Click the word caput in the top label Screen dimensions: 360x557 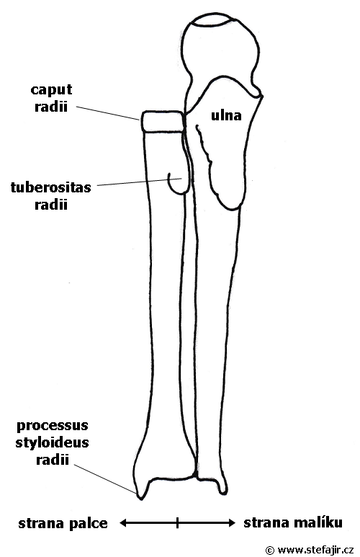[x=51, y=90]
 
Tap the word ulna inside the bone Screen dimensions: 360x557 [x=226, y=115]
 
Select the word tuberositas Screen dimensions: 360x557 [x=51, y=187]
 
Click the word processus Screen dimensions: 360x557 [x=53, y=426]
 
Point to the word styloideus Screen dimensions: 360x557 [x=52, y=442]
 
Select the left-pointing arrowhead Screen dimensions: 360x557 [x=123, y=523]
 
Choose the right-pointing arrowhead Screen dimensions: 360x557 [x=231, y=522]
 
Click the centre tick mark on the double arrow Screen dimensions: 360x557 [x=178, y=522]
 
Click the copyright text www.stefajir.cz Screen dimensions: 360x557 [x=315, y=550]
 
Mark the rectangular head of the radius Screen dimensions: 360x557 [x=163, y=122]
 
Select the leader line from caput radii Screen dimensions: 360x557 [x=107, y=113]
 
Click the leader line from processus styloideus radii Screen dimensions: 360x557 [x=105, y=479]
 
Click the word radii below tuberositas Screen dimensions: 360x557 [x=51, y=205]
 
